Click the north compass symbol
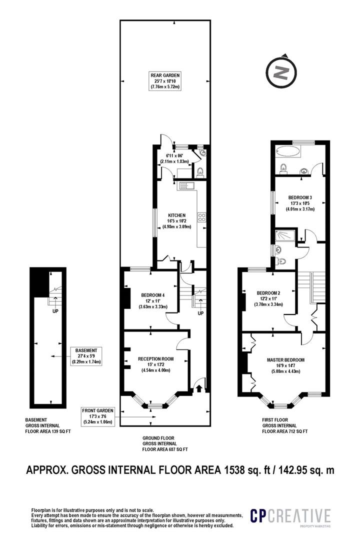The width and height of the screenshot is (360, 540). pos(281,73)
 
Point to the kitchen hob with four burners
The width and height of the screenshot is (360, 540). pos(201,217)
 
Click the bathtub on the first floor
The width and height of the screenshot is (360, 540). pos(287,151)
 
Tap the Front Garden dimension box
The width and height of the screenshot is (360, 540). pos(97,416)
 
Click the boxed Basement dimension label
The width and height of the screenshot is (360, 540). pos(86,356)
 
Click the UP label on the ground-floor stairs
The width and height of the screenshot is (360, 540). pos(200,313)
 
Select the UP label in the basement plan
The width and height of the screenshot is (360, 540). pos(55,311)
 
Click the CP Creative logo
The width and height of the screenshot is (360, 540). pos(290,517)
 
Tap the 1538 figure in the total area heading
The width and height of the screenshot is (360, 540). pos(234,469)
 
